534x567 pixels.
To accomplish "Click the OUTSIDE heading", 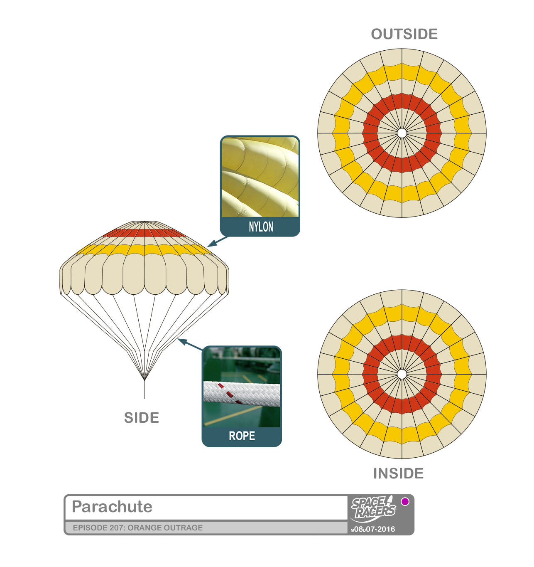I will tap(404, 34).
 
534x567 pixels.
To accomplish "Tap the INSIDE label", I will tap(398, 473).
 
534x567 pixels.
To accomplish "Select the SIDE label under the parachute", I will tap(142, 418).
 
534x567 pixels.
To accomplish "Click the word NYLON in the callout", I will tap(261, 227).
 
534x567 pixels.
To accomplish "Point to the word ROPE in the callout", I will tap(242, 436).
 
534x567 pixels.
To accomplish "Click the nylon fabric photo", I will tap(260, 177).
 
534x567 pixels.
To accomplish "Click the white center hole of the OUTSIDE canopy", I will tap(402, 133).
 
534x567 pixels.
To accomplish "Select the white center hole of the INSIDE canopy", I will tap(402, 374).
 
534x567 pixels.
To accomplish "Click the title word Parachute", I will tap(112, 507).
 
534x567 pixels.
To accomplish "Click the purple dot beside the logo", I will tap(405, 501).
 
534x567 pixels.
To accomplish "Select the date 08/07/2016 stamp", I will tap(373, 529).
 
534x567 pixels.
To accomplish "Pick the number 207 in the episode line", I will tap(117, 528).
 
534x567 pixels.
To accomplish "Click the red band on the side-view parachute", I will tap(144, 233).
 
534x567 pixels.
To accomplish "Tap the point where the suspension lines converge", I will tap(144, 380).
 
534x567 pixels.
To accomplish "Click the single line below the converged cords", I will tap(144, 391).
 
